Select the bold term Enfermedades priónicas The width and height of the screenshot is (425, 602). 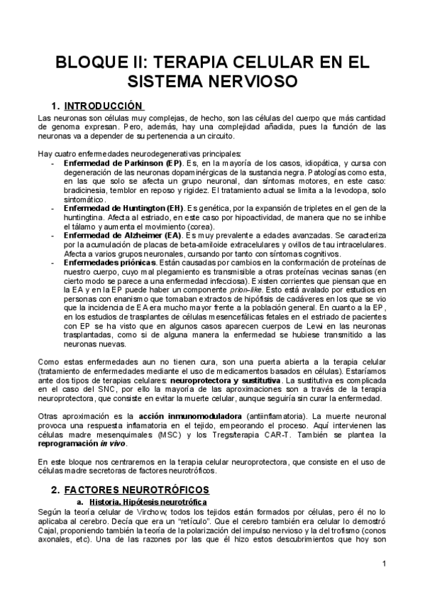coord(110,262)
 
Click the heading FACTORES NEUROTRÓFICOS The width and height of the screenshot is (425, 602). coord(136,490)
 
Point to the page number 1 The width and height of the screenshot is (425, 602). coord(383,564)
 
